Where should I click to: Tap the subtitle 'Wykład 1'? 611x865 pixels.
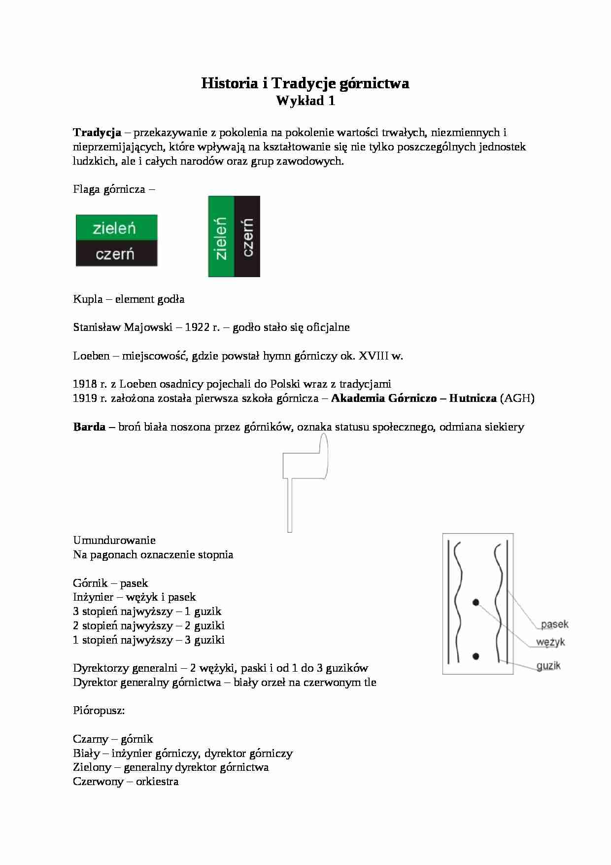(x=305, y=101)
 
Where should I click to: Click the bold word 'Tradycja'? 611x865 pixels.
(x=97, y=132)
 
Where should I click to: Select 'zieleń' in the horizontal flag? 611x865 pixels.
(x=114, y=228)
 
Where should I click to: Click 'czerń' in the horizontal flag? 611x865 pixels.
(x=115, y=254)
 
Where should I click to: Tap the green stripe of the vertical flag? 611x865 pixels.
(x=221, y=237)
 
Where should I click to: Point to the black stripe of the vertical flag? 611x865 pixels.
(x=247, y=237)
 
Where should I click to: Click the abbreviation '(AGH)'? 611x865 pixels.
(x=517, y=398)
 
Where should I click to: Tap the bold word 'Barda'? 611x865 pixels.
(x=89, y=427)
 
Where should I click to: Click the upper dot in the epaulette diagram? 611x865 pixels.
(x=475, y=602)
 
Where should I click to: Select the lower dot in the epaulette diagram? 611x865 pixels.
(x=475, y=656)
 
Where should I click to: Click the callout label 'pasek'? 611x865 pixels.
(x=554, y=624)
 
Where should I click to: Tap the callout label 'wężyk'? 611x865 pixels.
(x=550, y=642)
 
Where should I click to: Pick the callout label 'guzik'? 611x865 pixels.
(x=548, y=666)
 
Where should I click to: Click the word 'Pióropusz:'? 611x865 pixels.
(x=99, y=711)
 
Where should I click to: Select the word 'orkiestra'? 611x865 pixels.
(x=157, y=781)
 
